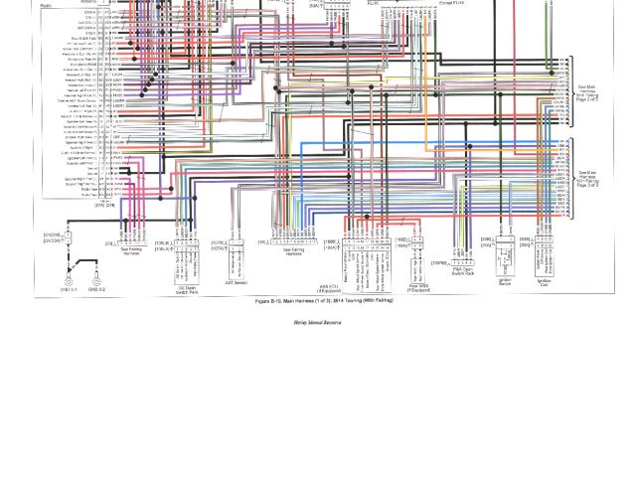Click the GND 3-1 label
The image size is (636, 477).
click(69, 290)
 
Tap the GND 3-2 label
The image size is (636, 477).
click(96, 290)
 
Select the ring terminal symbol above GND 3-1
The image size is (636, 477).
click(69, 280)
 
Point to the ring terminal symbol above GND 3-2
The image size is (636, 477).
click(96, 280)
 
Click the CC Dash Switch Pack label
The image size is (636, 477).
click(188, 290)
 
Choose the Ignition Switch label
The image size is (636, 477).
click(504, 282)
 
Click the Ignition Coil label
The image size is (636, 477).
click(544, 282)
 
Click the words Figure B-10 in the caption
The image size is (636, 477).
click(269, 300)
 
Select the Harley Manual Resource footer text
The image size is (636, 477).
click(317, 323)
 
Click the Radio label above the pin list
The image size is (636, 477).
click(47, 5)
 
